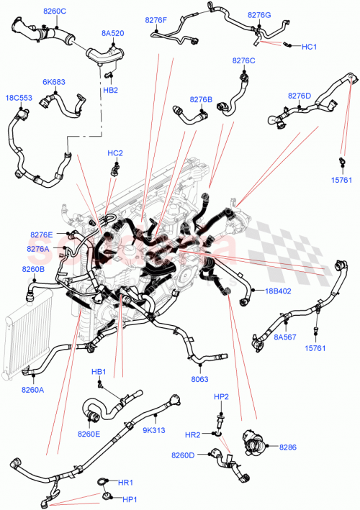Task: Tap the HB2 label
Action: point(110,90)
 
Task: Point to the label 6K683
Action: point(53,82)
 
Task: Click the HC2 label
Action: point(115,153)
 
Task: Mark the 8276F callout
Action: point(156,21)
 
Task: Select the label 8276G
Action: point(259,14)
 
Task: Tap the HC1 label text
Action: point(309,47)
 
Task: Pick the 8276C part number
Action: point(243,61)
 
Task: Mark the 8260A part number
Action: point(32,390)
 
